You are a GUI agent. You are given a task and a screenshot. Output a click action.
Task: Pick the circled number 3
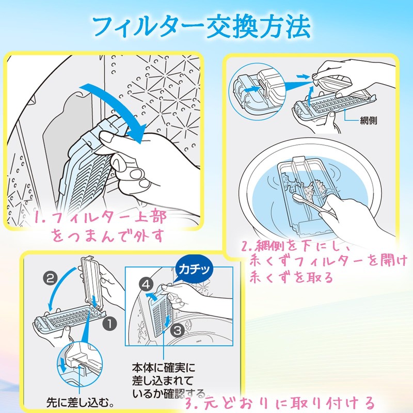pos(176,328)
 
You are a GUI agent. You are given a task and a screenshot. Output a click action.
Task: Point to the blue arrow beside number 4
pos(152,296)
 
